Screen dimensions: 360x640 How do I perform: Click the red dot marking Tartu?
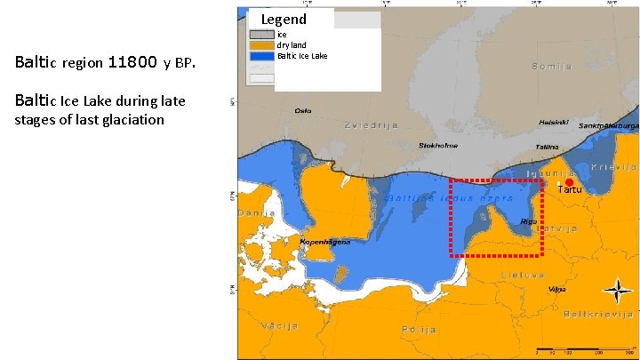[x=570, y=182]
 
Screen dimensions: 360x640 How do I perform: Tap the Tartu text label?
[x=570, y=190]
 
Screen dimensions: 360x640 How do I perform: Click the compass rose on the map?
[x=615, y=290]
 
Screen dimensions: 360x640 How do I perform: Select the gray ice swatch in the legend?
[x=262, y=35]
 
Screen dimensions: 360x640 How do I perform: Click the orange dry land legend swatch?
[x=262, y=45]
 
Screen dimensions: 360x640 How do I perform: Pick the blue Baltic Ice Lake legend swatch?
[x=262, y=56]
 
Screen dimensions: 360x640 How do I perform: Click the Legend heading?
[x=284, y=20]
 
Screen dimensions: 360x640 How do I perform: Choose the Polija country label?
[x=419, y=329]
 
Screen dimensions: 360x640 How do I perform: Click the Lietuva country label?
[x=522, y=275]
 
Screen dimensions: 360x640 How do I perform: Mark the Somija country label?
[x=551, y=67]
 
